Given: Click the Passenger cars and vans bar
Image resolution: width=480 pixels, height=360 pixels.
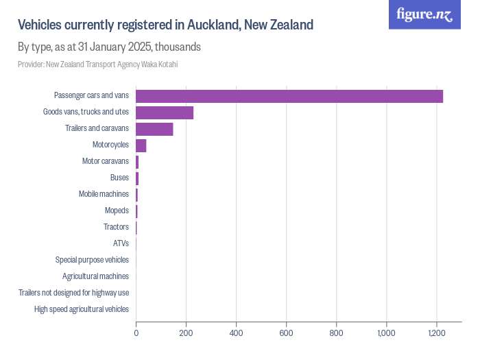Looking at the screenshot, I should [x=289, y=96].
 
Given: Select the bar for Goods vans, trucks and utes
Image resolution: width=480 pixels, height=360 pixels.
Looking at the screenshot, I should [x=165, y=112].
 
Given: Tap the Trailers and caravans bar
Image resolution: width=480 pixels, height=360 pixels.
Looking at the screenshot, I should [x=154, y=129].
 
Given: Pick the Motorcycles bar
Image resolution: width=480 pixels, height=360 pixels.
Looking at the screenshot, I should [x=141, y=145].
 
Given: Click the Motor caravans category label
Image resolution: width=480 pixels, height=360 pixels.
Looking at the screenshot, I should [x=105, y=161].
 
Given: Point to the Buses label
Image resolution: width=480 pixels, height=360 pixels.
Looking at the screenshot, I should [x=119, y=178].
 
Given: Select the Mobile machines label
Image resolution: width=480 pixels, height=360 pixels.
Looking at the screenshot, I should [x=104, y=194].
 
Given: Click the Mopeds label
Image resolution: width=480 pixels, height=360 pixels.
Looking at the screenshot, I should [x=117, y=211].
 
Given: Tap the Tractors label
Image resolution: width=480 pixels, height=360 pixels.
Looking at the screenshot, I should [x=116, y=227].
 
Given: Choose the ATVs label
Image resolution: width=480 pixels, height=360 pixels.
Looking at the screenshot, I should [x=121, y=243].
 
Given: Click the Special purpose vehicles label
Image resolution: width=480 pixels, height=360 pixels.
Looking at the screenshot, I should [x=92, y=260].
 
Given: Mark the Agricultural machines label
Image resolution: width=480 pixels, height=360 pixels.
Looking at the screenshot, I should [x=95, y=276].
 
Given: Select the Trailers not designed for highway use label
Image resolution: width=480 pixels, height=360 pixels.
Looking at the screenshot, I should [x=74, y=293].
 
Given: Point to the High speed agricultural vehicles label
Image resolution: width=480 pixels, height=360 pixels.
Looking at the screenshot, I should [x=82, y=309].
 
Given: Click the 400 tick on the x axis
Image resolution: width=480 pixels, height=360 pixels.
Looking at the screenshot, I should [x=236, y=333].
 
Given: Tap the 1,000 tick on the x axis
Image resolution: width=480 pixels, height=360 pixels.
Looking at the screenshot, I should [x=386, y=333].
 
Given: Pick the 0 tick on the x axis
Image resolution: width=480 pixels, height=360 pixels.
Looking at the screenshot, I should [x=136, y=333].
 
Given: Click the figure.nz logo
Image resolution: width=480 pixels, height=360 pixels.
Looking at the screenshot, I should [x=424, y=14].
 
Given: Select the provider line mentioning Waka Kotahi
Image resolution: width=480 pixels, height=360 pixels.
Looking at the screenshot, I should [x=98, y=64].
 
